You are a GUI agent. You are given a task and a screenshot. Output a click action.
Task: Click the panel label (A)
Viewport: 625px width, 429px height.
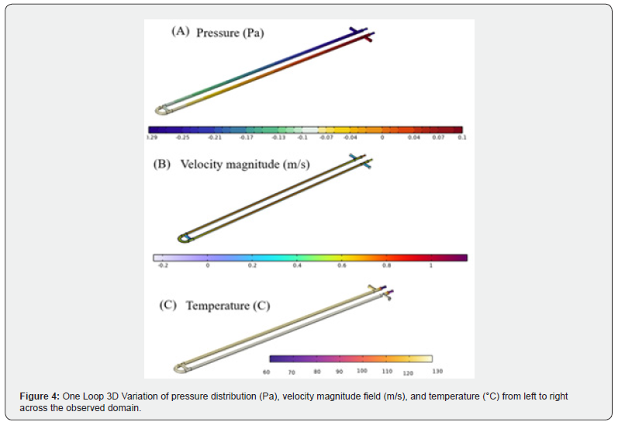180,32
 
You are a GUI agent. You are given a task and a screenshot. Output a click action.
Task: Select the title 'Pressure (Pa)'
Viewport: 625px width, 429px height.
230,33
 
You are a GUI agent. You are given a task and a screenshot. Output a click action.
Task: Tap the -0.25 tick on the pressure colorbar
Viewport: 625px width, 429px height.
183,137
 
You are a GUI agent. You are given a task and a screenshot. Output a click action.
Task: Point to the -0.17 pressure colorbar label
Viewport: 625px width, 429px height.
247,137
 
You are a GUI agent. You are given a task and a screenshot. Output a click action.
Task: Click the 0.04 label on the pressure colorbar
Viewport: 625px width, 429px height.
414,137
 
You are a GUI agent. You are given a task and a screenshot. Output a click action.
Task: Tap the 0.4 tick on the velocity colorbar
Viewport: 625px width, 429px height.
296,265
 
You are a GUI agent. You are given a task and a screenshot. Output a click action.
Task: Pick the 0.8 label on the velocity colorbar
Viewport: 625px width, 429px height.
385,265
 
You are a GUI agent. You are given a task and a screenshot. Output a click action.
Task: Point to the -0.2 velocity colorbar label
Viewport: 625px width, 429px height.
163,265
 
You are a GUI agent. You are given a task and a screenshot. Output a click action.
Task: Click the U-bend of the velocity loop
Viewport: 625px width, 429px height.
185,237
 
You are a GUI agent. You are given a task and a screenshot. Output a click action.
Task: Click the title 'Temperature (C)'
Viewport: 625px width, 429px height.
228,306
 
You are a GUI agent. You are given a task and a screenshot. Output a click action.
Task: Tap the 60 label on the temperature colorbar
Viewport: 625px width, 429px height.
267,372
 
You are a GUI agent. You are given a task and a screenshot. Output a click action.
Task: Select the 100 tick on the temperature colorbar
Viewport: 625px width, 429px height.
362,372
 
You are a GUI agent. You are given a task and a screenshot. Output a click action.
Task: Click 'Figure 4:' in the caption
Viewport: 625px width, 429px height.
40,396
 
